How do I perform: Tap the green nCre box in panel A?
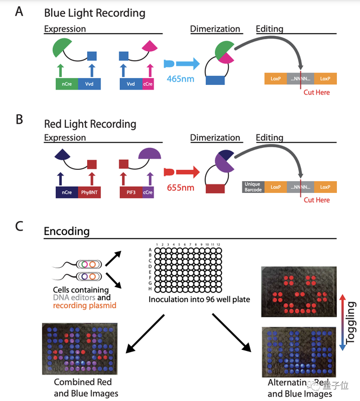[x=66, y=84]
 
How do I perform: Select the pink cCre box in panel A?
[x=150, y=84]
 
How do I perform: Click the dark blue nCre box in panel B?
[x=66, y=193]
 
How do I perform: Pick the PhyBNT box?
[x=89, y=193]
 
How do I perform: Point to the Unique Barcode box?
[x=253, y=187]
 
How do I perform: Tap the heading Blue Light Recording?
[x=94, y=12]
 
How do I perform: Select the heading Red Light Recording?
[x=90, y=124]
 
